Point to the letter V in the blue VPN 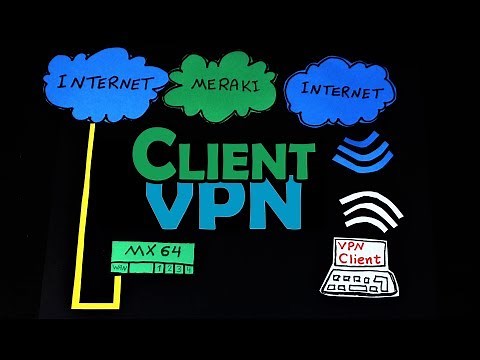(170, 205)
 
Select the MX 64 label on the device (153, 251)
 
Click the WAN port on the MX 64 (120, 267)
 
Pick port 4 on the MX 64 (189, 267)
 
